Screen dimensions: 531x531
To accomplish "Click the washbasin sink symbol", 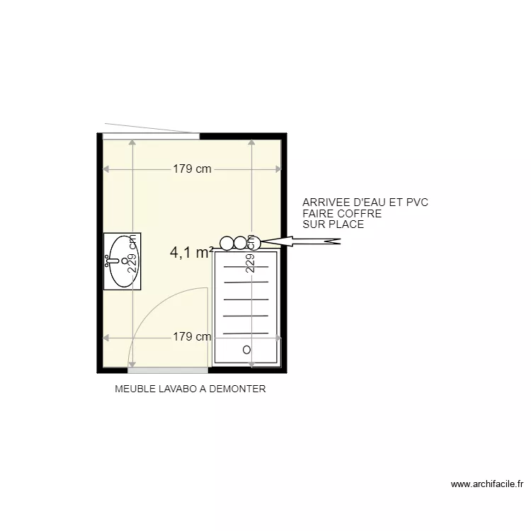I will pyautogui.click(x=122, y=261).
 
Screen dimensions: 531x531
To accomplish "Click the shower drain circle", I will pyautogui.click(x=246, y=350).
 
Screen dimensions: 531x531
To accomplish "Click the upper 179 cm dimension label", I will pyautogui.click(x=192, y=169).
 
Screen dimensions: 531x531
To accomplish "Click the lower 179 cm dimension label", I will pyautogui.click(x=192, y=337).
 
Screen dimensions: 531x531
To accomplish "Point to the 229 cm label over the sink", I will pyautogui.click(x=132, y=254).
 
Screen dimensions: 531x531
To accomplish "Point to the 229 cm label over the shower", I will pyautogui.click(x=250, y=254).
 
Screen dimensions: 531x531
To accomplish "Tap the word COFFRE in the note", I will pyautogui.click(x=358, y=213).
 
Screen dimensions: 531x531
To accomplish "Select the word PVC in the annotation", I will pyautogui.click(x=416, y=202).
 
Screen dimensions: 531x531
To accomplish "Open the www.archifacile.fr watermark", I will pyautogui.click(x=486, y=485).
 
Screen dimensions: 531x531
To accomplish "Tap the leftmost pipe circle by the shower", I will pyautogui.click(x=227, y=243).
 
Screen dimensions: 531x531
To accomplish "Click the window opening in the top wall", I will pyautogui.click(x=151, y=136).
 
